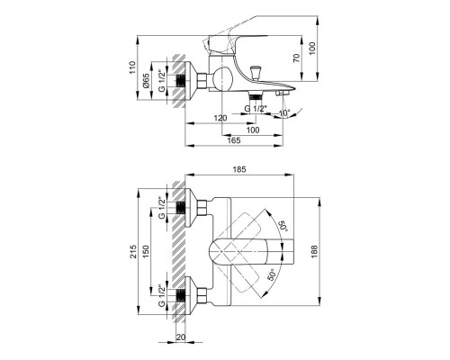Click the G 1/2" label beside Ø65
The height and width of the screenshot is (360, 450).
[x=161, y=82]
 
